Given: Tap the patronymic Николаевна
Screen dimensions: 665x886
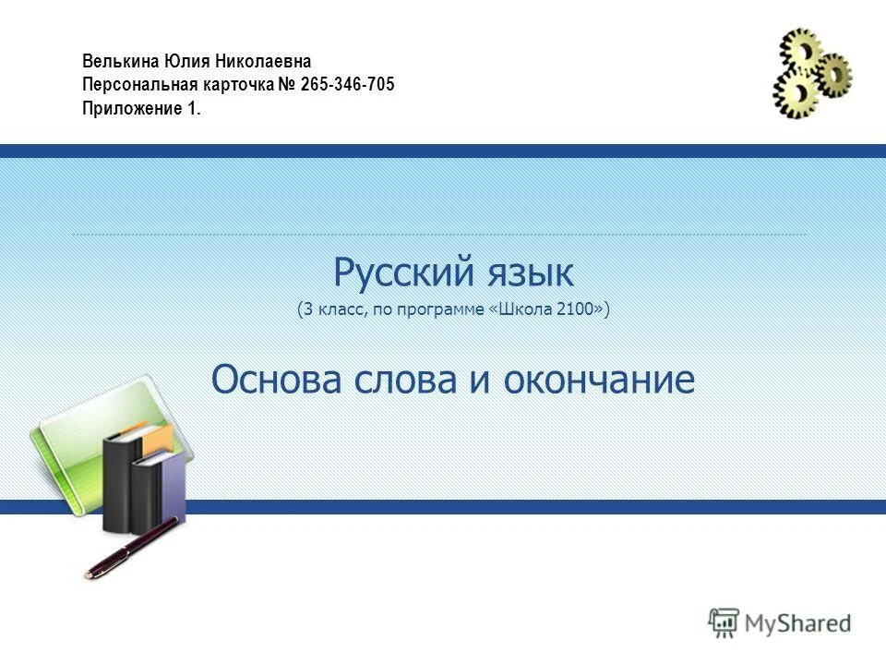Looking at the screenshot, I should coord(265,61).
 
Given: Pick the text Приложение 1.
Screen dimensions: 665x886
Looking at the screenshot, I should coord(140,108).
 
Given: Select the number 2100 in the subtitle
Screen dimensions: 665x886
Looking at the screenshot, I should coord(576,310).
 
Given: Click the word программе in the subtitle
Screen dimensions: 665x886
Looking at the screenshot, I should coord(441,311).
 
